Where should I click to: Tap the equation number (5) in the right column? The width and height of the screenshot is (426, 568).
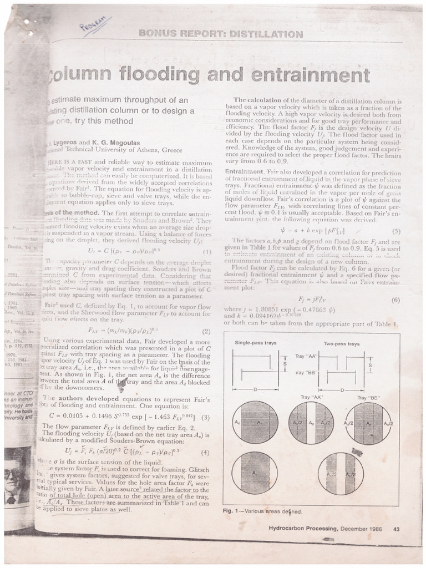[x=396, y=231]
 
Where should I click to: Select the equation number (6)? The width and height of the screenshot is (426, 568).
[x=396, y=300]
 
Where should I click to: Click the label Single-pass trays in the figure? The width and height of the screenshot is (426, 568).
[x=256, y=343]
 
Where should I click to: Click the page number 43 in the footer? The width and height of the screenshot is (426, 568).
[x=396, y=529]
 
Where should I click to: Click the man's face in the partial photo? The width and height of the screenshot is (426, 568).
[x=12, y=476]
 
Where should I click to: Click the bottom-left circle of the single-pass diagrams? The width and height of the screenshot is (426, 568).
[x=255, y=473]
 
